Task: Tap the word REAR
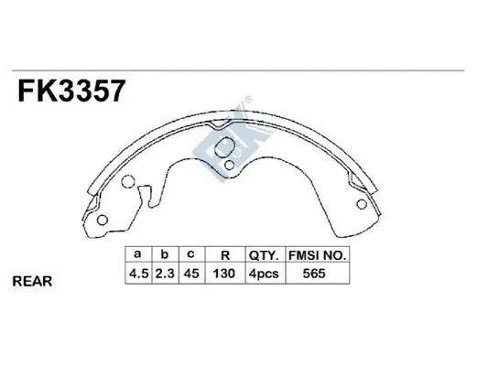coord(34,282)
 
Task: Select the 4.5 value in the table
coord(137,274)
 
